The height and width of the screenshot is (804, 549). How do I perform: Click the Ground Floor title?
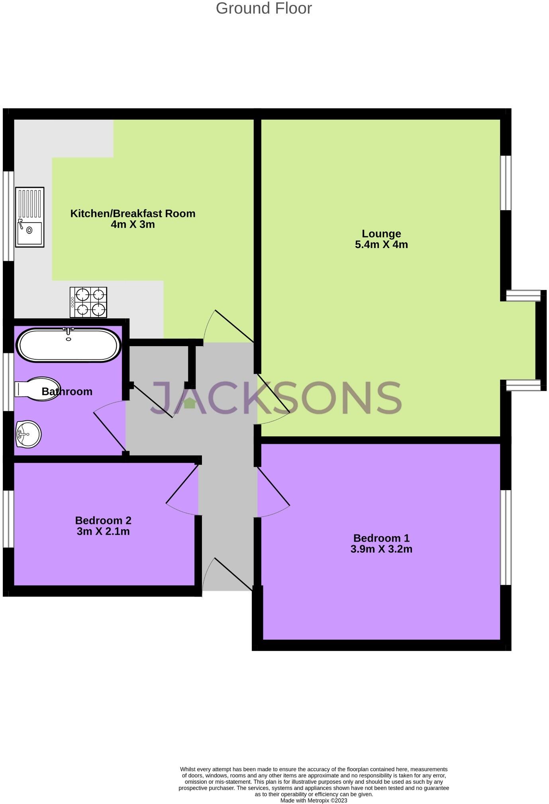pos(264,8)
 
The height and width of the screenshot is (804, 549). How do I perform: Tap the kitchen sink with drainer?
pos(29,217)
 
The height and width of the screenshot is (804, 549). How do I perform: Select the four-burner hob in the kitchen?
pos(88,302)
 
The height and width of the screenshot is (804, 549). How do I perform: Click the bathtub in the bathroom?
pos(69,345)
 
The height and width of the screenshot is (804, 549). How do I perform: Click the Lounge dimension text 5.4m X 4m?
pos(381,244)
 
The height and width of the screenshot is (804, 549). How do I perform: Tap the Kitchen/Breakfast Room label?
pos(133,213)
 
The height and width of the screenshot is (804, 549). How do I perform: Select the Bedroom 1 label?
pos(381,538)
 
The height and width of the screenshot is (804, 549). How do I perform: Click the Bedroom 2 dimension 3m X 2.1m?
pos(103,531)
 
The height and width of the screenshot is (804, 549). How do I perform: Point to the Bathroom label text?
pos(67,392)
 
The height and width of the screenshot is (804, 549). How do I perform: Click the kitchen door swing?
pos(229,326)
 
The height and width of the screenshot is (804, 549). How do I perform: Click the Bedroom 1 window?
pos(506,537)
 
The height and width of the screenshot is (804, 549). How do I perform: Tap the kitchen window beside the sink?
pos(8,216)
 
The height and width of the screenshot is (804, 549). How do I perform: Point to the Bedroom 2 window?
pos(8,519)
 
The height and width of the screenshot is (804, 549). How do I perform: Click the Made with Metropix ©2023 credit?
pos(314,800)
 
